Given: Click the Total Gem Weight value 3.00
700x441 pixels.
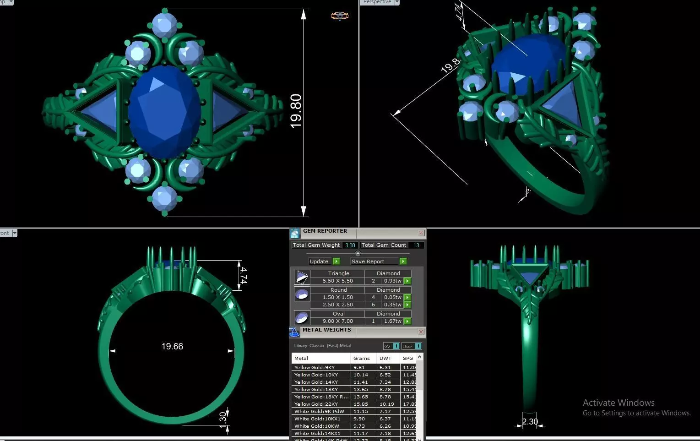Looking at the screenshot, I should (350, 245).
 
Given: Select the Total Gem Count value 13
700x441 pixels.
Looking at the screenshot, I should (416, 245).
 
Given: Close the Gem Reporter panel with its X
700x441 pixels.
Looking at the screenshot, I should (421, 233).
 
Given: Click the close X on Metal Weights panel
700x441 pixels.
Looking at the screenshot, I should (421, 332).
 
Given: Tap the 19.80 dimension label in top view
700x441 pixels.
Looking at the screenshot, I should (296, 111).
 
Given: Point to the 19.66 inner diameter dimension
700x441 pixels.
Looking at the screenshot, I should (172, 346).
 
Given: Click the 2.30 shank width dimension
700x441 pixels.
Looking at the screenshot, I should (530, 421).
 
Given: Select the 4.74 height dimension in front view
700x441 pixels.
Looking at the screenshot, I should (244, 276).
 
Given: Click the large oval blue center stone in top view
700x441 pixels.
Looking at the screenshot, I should (164, 111).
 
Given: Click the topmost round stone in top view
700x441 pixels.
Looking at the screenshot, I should (164, 24).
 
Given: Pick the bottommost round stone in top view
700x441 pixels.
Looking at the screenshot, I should (164, 198).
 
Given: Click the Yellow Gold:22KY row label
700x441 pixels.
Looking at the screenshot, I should (316, 404).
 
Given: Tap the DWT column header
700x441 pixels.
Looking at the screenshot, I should (385, 358).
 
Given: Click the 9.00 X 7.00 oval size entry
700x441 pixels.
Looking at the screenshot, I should (338, 321).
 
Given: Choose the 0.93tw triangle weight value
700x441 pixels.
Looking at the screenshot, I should (392, 281).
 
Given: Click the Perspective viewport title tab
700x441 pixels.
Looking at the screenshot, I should (377, 2).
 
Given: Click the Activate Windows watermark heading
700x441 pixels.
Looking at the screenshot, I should (619, 403).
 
